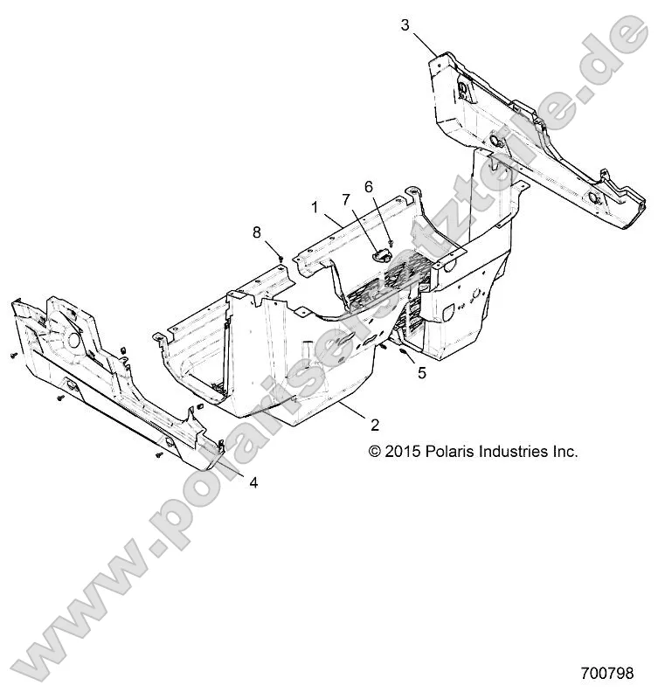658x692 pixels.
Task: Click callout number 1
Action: pos(314,207)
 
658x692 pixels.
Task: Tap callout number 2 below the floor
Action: pos(375,425)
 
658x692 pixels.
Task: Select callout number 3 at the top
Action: pos(405,24)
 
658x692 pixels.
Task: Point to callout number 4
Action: pos(253,482)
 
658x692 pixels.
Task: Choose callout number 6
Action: pos(369,186)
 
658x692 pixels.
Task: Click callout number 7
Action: pos(345,200)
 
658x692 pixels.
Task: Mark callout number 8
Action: pos(256,231)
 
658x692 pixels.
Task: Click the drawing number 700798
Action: pos(606,674)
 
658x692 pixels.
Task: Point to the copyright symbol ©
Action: pos(375,452)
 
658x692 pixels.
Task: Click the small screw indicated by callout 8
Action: pos(279,257)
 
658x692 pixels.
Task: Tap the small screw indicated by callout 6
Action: pos(391,242)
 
